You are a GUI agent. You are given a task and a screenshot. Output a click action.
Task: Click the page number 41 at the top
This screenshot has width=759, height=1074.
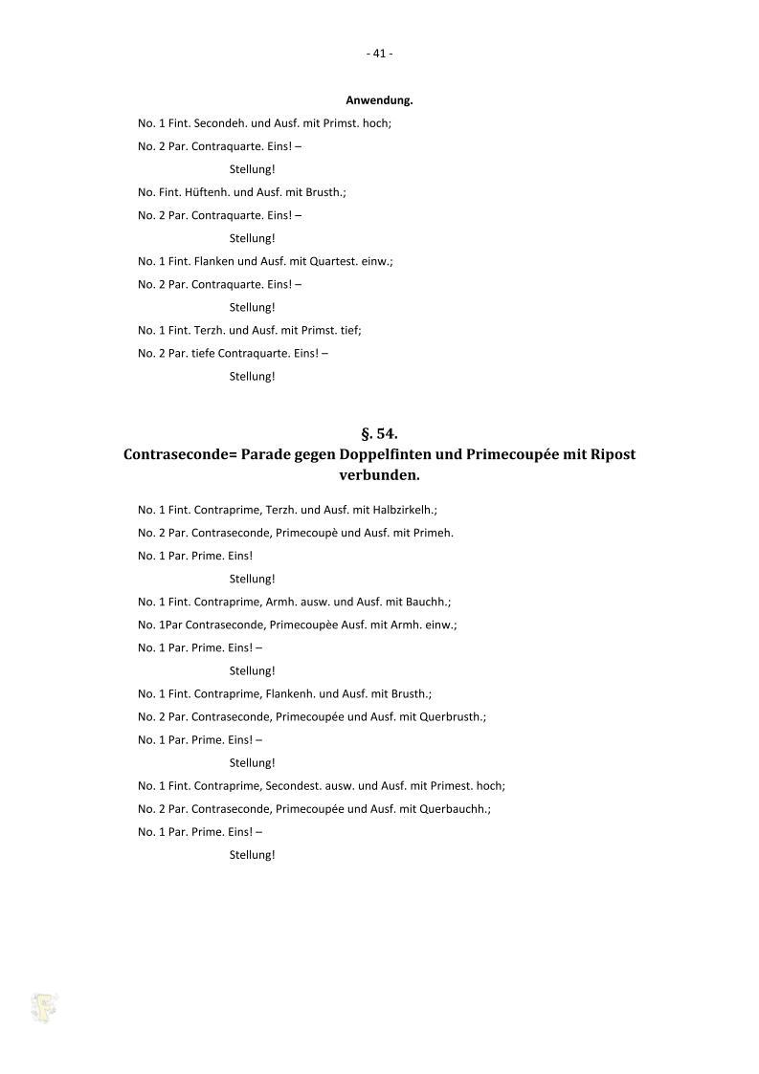point(379,54)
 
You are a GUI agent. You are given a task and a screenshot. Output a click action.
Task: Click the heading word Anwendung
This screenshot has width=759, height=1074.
point(379,99)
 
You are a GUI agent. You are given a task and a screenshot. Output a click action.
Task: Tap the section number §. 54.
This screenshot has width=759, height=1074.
point(379,434)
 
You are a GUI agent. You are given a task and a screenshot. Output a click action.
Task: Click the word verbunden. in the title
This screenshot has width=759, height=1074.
point(379,474)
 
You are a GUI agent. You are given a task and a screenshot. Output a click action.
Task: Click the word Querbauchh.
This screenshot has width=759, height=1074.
point(455,808)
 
